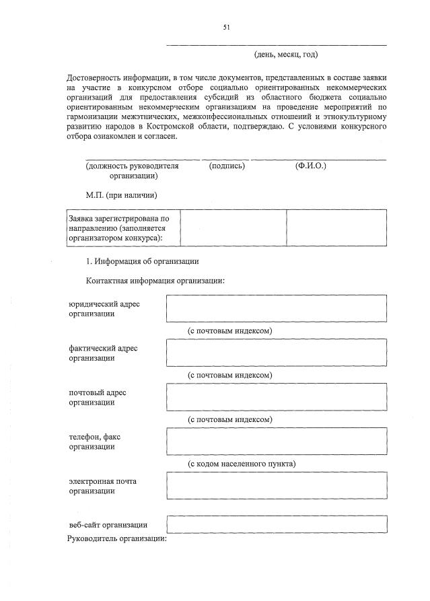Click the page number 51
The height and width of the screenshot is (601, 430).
[x=227, y=27]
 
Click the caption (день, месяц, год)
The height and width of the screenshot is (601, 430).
[x=286, y=54]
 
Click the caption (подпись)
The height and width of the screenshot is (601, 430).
[x=227, y=166]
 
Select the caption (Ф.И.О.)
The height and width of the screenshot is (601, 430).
[x=310, y=166]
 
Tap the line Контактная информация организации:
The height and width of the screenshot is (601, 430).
[x=154, y=281]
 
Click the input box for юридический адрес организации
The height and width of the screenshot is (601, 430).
[x=277, y=308]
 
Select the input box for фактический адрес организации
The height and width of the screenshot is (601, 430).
[x=277, y=352]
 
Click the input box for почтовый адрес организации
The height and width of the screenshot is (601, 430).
[x=277, y=396]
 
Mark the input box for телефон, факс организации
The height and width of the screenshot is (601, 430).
[x=277, y=441]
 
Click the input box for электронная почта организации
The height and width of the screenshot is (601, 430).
[x=277, y=486]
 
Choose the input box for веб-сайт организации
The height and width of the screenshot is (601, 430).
[x=277, y=524]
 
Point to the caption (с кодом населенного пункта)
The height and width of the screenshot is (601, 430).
[x=242, y=464]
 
